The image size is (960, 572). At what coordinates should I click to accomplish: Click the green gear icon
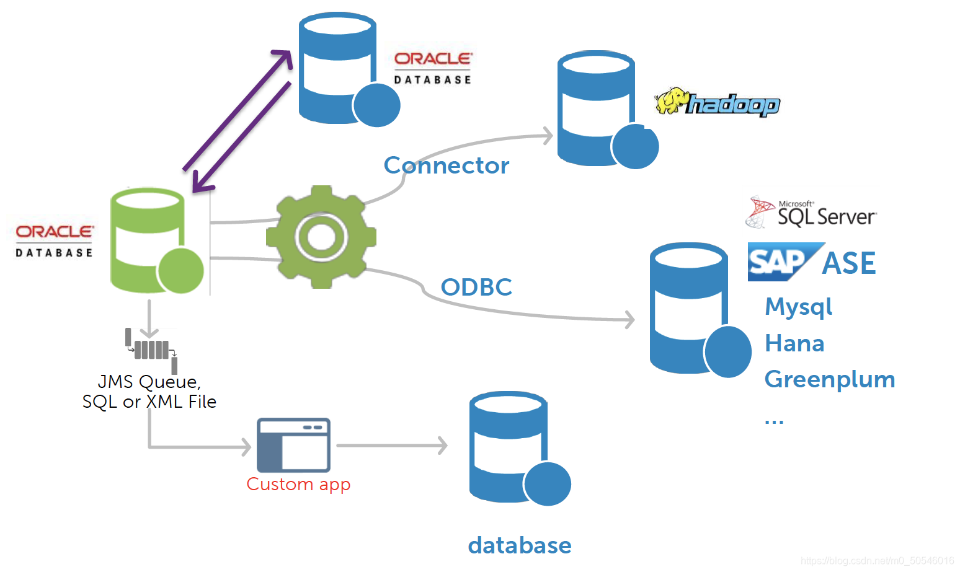coord(321,237)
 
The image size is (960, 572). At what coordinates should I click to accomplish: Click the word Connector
coord(446,165)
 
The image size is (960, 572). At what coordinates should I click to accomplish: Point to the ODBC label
coord(476,287)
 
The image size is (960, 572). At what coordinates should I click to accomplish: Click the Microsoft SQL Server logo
coord(811,213)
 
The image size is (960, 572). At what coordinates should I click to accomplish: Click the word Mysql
coord(798,307)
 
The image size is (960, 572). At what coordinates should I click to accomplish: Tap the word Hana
coord(794,343)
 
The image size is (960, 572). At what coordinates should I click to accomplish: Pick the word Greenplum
coord(830,379)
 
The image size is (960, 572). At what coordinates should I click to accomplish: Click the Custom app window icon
coord(293,445)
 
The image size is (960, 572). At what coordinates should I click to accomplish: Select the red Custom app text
coord(298,484)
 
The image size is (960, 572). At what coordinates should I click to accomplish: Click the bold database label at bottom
coord(520,545)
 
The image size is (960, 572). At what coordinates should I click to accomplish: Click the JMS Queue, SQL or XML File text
coord(149,392)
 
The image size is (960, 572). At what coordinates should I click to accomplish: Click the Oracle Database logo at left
coord(55,240)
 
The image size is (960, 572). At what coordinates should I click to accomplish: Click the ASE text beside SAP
coord(848,263)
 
